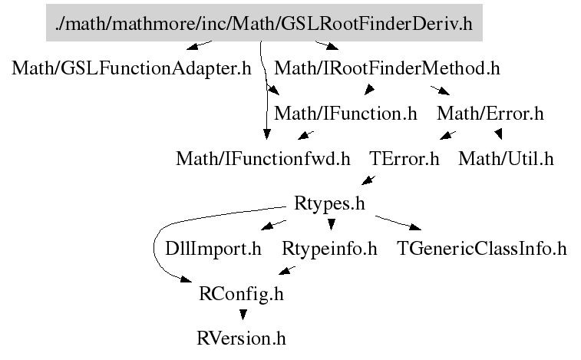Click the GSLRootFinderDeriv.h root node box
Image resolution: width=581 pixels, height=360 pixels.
(263, 24)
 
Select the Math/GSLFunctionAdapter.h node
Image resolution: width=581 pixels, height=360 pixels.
(132, 68)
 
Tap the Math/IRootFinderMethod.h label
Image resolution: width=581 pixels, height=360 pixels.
(387, 68)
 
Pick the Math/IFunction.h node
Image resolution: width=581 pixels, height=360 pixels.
(345, 114)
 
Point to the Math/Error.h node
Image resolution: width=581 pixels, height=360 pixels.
(490, 114)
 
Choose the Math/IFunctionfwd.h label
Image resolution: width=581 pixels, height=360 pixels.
(263, 160)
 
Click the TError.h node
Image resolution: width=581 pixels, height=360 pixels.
(404, 160)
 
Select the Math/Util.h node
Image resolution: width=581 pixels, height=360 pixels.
(506, 160)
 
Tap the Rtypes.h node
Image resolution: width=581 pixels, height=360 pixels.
(328, 204)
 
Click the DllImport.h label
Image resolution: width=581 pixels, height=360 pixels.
(213, 249)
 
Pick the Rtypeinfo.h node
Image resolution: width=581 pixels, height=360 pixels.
(330, 249)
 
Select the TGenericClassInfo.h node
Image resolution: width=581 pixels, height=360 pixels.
(481, 249)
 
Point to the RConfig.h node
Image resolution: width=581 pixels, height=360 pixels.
(241, 294)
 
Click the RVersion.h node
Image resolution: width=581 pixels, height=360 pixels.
(241, 339)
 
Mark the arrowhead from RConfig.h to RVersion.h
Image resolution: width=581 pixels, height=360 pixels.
(243, 315)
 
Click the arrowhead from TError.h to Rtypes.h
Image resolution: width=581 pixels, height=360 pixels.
(366, 182)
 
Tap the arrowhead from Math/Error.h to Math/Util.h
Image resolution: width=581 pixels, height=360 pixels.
(499, 136)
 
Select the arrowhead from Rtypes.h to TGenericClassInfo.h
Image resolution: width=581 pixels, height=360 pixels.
(415, 228)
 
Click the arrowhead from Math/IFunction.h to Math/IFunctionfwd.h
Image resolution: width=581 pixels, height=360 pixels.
(303, 137)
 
